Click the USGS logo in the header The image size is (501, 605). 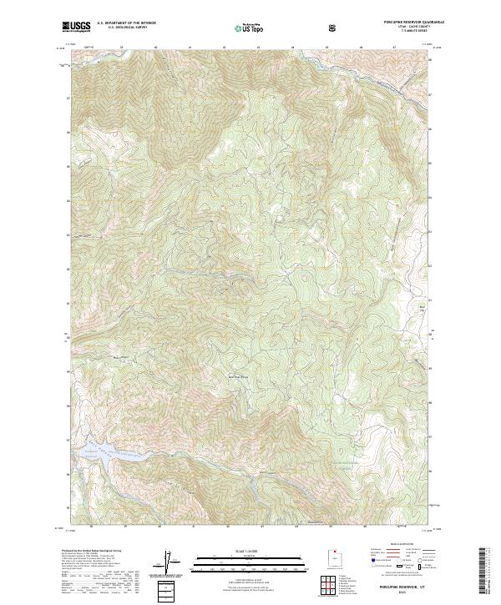[77, 27]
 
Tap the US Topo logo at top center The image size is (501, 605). [247, 28]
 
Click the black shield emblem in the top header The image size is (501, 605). [333, 28]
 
